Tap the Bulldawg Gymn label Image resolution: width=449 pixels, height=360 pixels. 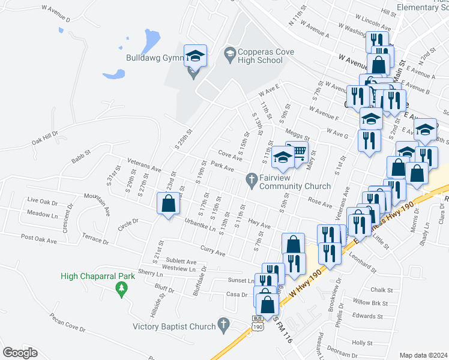point(150,58)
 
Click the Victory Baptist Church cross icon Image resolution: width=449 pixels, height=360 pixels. point(223,325)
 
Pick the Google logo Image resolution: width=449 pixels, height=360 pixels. point(20,353)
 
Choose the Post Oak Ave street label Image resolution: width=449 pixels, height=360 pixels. point(39,238)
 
